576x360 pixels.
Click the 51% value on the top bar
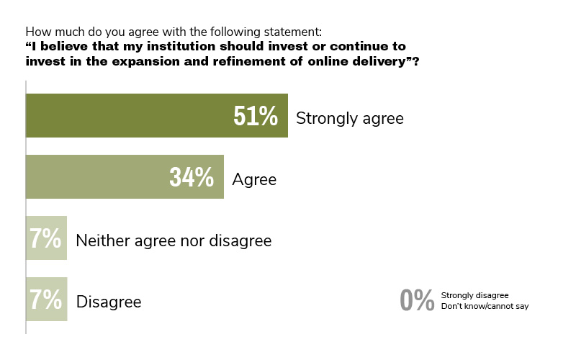tap(256, 116)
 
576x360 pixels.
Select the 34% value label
tap(192, 177)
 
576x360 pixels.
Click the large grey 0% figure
tap(416, 300)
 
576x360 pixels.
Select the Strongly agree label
tap(350, 117)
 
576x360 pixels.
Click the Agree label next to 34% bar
tap(254, 179)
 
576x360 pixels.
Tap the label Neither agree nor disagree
tap(174, 240)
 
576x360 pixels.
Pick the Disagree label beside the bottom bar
tap(109, 301)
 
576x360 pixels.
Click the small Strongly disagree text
tap(474, 295)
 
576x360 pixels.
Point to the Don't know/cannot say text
tap(485, 307)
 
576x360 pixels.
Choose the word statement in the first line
tap(293, 32)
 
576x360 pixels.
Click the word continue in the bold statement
tap(364, 47)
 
